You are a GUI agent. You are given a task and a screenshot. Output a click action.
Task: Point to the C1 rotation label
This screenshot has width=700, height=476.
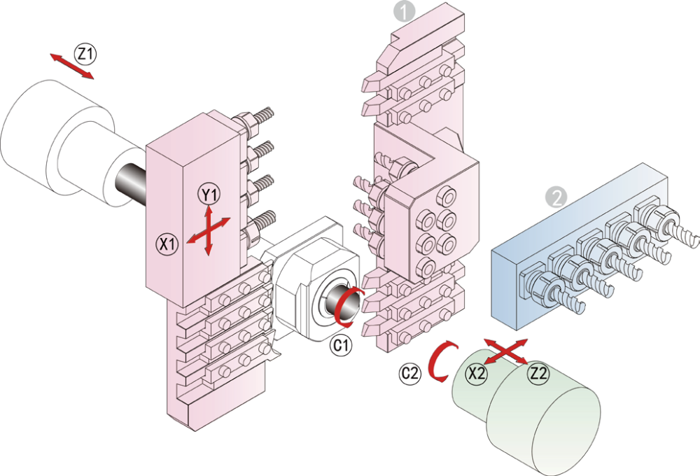pos(341,346)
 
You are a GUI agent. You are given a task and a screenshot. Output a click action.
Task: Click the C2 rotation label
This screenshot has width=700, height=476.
pos(409,374)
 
